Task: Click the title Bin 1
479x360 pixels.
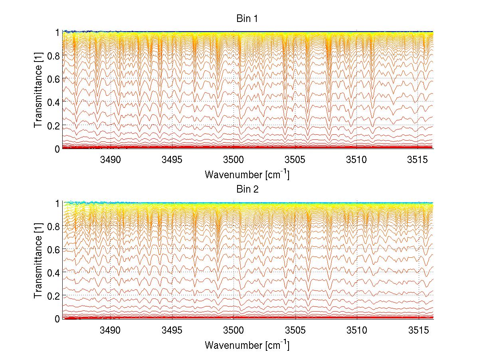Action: point(247,18)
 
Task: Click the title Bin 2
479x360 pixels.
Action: point(247,189)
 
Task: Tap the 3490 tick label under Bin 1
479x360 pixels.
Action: point(110,160)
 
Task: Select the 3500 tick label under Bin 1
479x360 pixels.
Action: point(234,160)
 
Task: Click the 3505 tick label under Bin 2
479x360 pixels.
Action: point(295,330)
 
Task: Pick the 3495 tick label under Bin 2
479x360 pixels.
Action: point(172,330)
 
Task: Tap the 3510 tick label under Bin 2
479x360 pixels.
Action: point(357,330)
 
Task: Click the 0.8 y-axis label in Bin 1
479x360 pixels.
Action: point(53,56)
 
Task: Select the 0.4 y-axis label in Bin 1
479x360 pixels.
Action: point(53,102)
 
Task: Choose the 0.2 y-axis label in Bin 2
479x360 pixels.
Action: point(53,296)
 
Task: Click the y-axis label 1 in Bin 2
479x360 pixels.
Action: point(57,203)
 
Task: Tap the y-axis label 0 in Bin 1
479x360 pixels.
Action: point(57,149)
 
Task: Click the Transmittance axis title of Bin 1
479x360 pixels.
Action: point(38,91)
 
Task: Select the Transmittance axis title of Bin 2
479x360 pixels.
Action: point(38,261)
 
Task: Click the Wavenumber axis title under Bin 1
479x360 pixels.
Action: point(247,174)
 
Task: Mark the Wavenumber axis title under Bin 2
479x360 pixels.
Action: point(247,344)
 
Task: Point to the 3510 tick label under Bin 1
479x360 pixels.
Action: point(357,160)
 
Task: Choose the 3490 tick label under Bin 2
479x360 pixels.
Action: point(110,330)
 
